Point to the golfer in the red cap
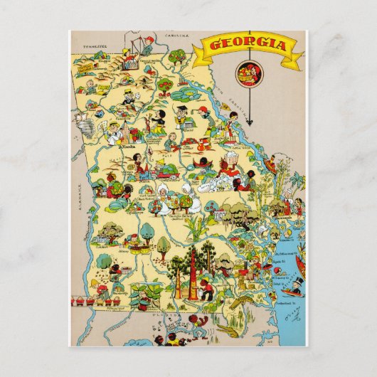[204, 112]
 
